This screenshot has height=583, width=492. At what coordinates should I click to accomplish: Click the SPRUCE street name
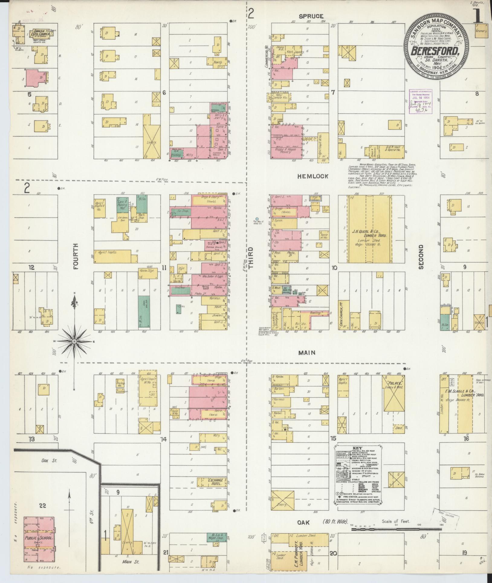[311, 16]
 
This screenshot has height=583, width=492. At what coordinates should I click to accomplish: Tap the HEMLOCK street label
[312, 176]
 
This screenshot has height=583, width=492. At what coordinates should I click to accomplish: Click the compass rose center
[74, 341]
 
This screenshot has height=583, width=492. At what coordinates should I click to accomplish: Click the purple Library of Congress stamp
[420, 101]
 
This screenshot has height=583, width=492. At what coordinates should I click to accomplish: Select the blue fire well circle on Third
[257, 218]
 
